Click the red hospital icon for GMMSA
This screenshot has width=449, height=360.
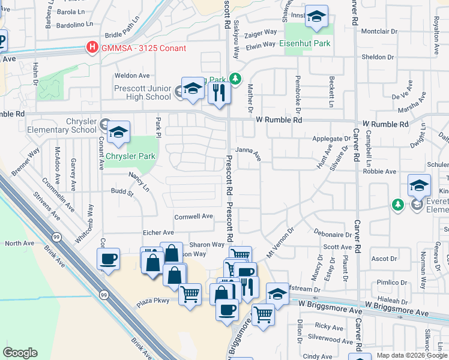pos(92,47)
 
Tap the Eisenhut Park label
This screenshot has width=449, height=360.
pos(305,44)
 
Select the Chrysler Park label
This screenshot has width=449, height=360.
pos(130,157)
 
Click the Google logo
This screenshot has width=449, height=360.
pos(20,353)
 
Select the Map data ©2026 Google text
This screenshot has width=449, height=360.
pos(411,355)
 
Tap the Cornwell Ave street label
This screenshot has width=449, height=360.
pos(193,217)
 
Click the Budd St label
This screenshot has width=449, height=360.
pos(122,193)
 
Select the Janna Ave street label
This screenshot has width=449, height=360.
pos(248,154)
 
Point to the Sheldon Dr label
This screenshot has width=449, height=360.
pos(377,57)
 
